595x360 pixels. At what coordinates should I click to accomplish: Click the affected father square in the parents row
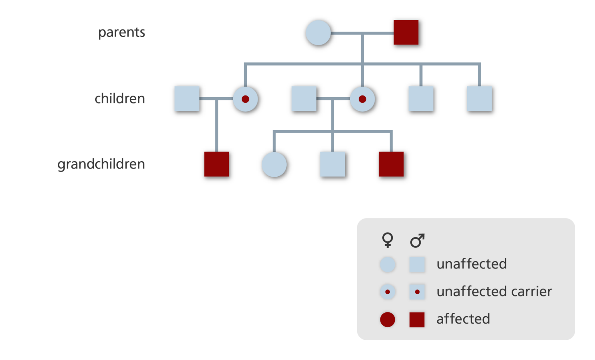pyautogui.click(x=406, y=33)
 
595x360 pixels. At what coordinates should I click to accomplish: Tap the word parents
pyautogui.click(x=122, y=32)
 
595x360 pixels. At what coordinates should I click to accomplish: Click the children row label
pyautogui.click(x=120, y=98)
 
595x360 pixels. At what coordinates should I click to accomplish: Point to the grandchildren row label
pyautogui.click(x=101, y=164)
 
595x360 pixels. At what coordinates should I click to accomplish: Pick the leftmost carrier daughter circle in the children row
pyautogui.click(x=245, y=99)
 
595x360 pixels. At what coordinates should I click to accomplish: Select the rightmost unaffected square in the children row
pyautogui.click(x=479, y=99)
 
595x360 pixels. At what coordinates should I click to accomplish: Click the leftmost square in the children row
pyautogui.click(x=187, y=99)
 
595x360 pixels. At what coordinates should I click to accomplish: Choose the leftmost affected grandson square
pyautogui.click(x=217, y=164)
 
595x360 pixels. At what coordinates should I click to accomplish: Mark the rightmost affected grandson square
pyautogui.click(x=391, y=164)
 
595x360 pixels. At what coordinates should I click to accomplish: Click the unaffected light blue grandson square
pyautogui.click(x=332, y=164)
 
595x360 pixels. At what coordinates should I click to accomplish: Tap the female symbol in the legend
pyautogui.click(x=387, y=240)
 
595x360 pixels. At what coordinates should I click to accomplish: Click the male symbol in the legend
pyautogui.click(x=417, y=240)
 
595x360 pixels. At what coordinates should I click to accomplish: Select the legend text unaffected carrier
pyautogui.click(x=494, y=291)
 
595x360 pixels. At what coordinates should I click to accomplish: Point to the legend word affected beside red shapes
pyautogui.click(x=463, y=319)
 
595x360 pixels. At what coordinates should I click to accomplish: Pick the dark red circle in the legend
pyautogui.click(x=387, y=320)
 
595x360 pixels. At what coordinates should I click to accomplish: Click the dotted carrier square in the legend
pyautogui.click(x=417, y=292)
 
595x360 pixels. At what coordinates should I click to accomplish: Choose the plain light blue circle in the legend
pyautogui.click(x=387, y=265)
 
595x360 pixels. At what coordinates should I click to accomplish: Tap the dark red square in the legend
pyautogui.click(x=417, y=320)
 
